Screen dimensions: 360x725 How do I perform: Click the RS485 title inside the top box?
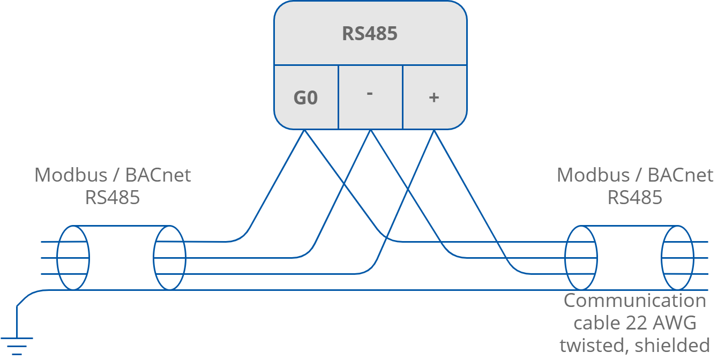[370, 34]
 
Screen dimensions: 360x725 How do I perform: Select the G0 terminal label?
[305, 98]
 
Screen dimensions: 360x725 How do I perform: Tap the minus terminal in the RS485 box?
[370, 93]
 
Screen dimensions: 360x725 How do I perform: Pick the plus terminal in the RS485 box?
[434, 97]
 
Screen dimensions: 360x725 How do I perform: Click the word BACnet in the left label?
[158, 175]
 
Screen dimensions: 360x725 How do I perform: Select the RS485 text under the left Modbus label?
[113, 198]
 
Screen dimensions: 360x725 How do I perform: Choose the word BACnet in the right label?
[680, 175]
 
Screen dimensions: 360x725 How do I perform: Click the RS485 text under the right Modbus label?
[635, 198]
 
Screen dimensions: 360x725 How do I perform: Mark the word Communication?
[635, 301]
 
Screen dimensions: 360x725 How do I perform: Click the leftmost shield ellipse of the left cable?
[73, 258]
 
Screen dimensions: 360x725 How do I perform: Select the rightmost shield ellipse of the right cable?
[677, 258]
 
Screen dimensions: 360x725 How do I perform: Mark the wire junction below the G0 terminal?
[305, 131]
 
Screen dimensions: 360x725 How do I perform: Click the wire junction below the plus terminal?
[433, 131]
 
